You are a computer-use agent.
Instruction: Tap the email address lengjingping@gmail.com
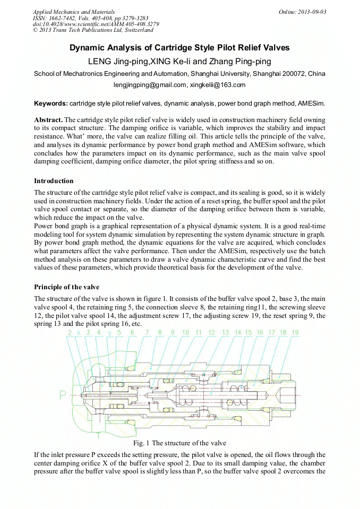pyautogui.click(x=150, y=85)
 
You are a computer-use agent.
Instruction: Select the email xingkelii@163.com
pyautogui.click(x=218, y=85)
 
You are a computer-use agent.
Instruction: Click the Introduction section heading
pyautogui.click(x=54, y=181)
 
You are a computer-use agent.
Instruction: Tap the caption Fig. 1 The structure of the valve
pyautogui.click(x=181, y=443)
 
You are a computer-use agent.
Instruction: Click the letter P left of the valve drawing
pyautogui.click(x=63, y=395)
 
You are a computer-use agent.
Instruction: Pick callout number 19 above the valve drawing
pyautogui.click(x=295, y=332)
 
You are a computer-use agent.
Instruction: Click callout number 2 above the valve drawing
pyautogui.click(x=70, y=332)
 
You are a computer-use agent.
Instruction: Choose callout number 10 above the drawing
pyautogui.click(x=185, y=332)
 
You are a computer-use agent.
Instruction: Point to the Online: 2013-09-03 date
pyautogui.click(x=302, y=12)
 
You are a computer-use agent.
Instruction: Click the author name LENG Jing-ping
pyautogui.click(x=118, y=61)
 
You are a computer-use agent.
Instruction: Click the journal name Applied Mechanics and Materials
pyautogui.click(x=74, y=12)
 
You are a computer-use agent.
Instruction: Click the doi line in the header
pyautogui.click(x=96, y=24)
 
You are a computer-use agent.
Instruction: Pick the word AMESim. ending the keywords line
pyautogui.click(x=312, y=103)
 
